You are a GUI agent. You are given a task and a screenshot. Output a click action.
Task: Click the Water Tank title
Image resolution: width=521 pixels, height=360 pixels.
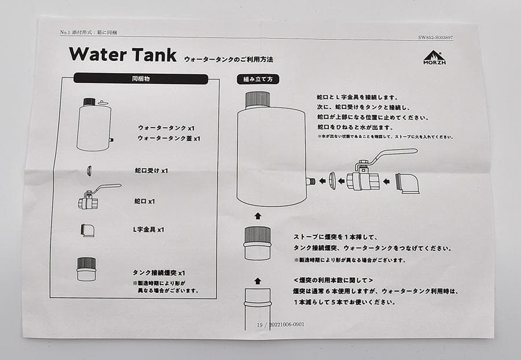(x=123, y=55)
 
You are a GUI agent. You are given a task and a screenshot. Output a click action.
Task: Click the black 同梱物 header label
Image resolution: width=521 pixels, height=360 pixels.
(x=141, y=78)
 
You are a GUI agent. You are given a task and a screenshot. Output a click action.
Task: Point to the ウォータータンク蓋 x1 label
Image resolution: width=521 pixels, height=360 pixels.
(x=169, y=139)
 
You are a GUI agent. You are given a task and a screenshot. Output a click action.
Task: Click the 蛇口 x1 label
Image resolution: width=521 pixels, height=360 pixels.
(x=144, y=201)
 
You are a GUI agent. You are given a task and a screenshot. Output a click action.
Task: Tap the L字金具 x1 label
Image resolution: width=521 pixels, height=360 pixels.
(x=149, y=230)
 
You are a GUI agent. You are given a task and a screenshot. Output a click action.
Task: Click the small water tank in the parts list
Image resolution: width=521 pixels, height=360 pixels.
(x=94, y=126)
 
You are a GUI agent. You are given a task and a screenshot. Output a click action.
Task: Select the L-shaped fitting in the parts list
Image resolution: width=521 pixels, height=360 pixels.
(x=87, y=230)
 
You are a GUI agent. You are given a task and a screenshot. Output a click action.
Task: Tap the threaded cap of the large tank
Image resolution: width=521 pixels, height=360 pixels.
(x=258, y=99)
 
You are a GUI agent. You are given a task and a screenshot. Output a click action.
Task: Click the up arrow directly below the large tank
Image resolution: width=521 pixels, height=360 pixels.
(x=258, y=215)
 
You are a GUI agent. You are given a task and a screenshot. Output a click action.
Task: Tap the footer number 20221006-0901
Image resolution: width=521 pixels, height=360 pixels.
(x=285, y=325)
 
